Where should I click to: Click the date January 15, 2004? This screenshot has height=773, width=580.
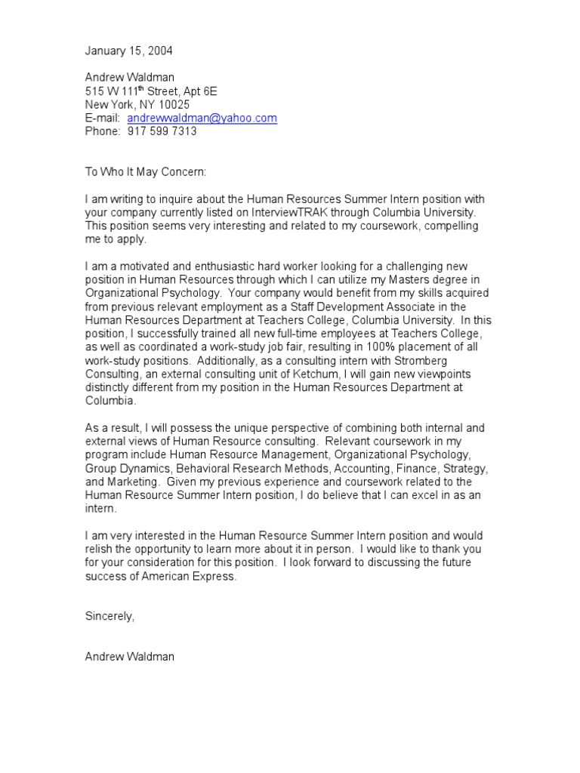128,51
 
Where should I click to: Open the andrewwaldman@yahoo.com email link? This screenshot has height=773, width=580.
202,119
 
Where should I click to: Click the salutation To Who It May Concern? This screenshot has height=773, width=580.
145,172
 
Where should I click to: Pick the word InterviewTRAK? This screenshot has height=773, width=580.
291,213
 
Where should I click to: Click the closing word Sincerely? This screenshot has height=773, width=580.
110,617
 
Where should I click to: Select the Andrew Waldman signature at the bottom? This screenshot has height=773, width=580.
129,657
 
